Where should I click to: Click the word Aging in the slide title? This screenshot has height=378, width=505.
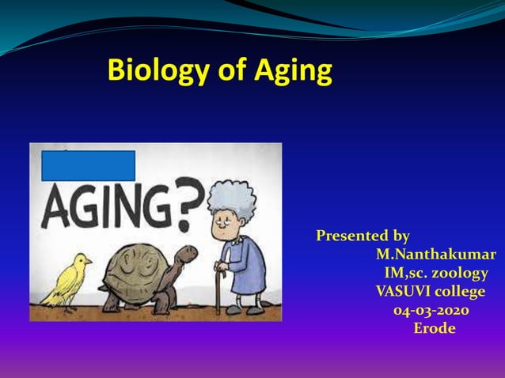pos(292,70)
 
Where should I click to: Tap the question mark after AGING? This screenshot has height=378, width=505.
pos(189,207)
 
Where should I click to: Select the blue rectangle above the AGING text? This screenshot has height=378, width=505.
pos(88,165)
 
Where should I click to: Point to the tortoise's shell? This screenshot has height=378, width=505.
pos(139,272)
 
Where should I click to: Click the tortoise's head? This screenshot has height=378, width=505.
pos(187,255)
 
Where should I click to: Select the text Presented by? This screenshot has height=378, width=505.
pos(363,236)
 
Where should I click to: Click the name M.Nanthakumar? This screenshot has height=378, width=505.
pos(435,255)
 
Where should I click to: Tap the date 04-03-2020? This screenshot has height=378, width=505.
pos(431,310)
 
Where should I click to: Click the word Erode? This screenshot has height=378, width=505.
pos(435,328)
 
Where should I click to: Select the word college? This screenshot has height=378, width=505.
pos(458,291)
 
